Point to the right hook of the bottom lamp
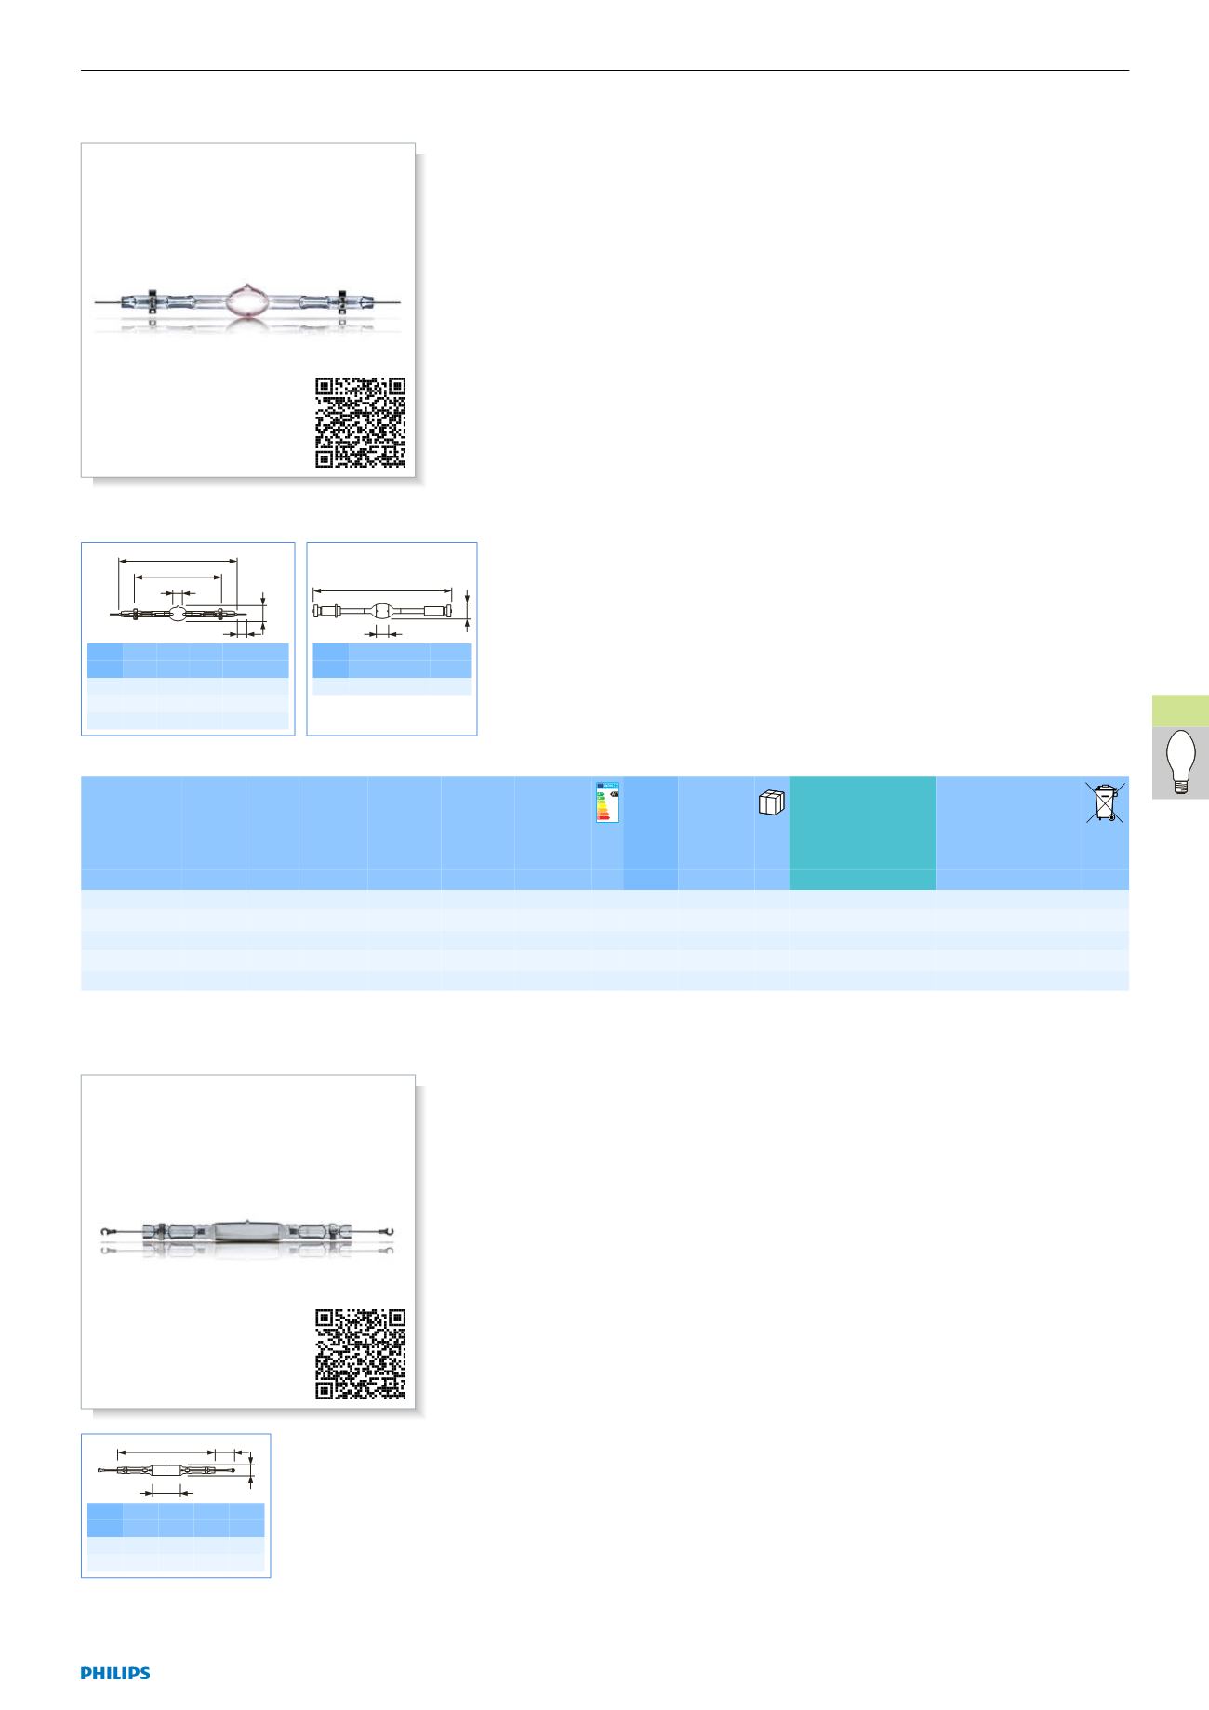click(394, 1232)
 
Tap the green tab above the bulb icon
click(1180, 710)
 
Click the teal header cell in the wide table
click(862, 833)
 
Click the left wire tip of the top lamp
click(97, 302)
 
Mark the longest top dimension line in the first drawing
click(179, 561)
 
